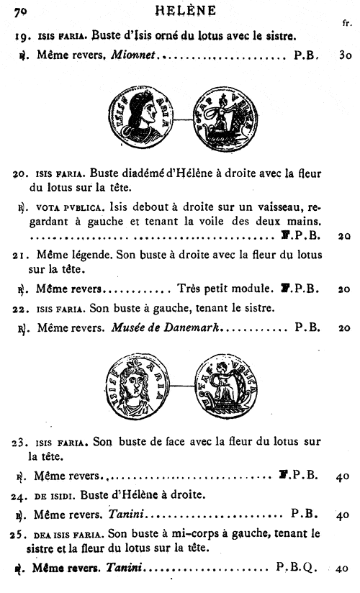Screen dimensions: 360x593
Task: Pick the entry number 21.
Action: click(21, 255)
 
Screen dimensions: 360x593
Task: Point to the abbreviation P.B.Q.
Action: click(295, 568)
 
